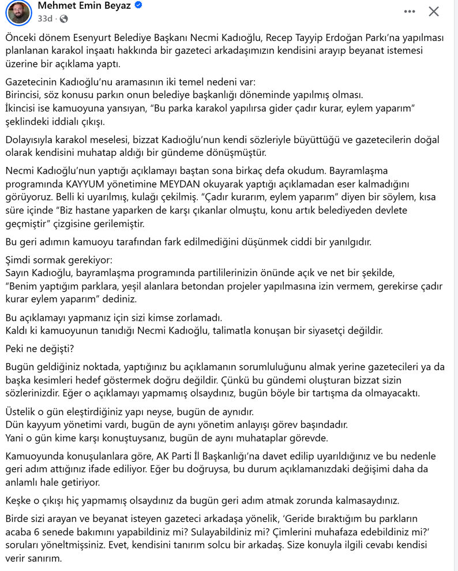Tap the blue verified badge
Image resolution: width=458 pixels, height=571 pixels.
(139, 5)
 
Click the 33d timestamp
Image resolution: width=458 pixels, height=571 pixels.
(44, 18)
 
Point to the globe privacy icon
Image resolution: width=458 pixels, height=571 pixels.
(63, 18)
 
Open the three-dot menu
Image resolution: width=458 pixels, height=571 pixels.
(410, 11)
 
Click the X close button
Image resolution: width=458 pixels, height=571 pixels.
(434, 11)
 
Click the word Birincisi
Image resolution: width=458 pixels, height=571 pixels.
(25, 95)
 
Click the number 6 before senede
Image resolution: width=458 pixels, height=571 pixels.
(37, 531)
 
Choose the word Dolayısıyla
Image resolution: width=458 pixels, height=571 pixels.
(31, 140)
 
